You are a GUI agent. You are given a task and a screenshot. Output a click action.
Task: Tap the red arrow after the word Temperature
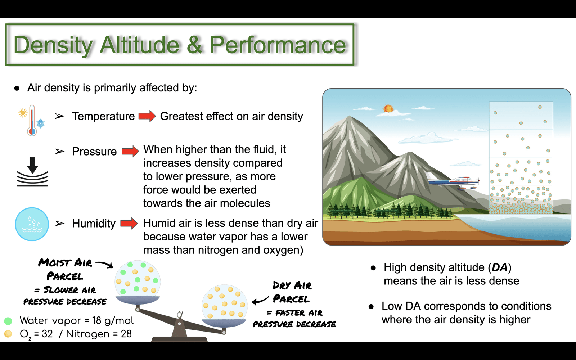coord(147,116)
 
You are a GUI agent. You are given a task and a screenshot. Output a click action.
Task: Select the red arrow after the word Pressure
coord(130,151)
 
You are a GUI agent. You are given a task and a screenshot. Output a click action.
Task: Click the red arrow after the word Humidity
coord(129,223)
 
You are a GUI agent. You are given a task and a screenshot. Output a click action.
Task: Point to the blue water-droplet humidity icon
coord(32,224)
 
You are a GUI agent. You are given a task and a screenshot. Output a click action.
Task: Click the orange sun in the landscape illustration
coord(388,108)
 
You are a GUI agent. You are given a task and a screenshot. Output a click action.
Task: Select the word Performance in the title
coord(278,45)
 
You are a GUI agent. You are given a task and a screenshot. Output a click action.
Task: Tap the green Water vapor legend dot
coord(8,321)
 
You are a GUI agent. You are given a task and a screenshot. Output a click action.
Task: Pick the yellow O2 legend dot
coord(8,334)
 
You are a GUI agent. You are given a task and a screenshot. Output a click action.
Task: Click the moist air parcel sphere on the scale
coord(138,281)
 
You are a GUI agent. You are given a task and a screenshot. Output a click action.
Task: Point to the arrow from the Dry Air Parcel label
coord(260,300)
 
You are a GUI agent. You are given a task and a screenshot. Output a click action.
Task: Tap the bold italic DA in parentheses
coord(500,267)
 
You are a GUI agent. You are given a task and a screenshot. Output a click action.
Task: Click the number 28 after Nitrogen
coord(126,334)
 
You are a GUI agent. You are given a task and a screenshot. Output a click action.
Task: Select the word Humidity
coord(94,224)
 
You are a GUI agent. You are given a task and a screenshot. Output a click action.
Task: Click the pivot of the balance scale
coord(180,323)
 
